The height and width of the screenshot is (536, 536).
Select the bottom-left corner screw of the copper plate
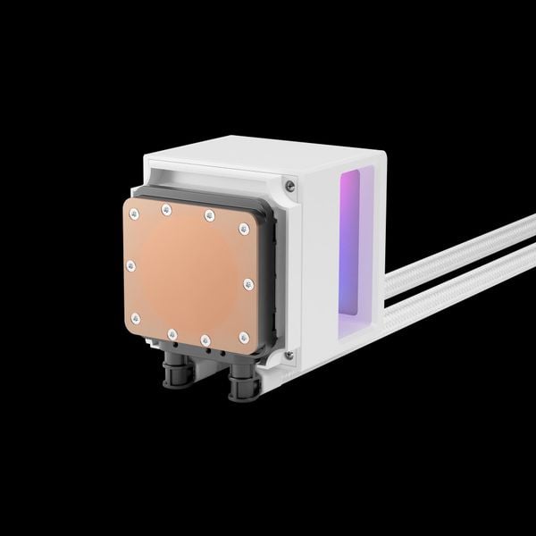click(x=131, y=314)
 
